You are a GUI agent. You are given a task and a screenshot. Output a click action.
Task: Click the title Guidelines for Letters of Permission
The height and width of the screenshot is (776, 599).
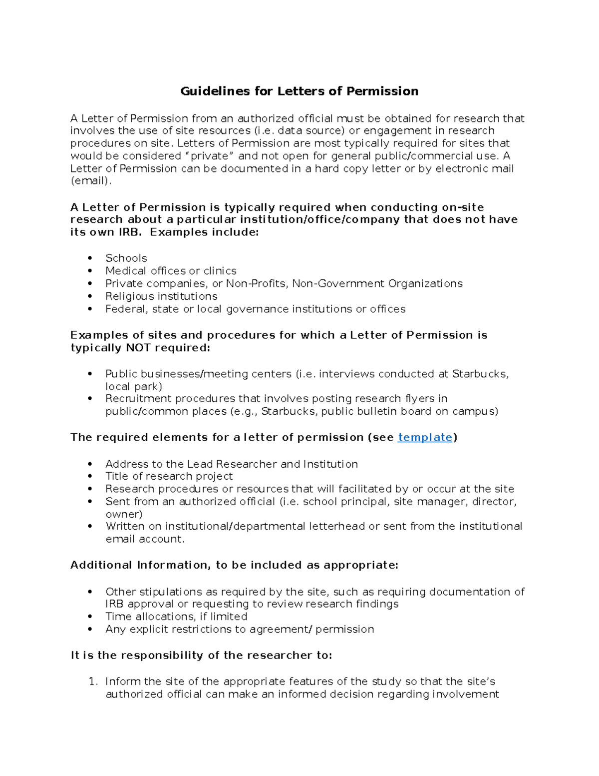click(x=299, y=91)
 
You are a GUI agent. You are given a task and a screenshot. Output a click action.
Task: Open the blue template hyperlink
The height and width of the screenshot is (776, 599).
click(x=425, y=437)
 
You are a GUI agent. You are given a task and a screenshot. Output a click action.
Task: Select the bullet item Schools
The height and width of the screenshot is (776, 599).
click(x=126, y=258)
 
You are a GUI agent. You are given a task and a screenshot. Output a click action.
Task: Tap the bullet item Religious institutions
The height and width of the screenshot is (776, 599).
click(x=161, y=296)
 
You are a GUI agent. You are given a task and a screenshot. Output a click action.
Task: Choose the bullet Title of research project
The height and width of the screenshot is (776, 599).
click(x=169, y=476)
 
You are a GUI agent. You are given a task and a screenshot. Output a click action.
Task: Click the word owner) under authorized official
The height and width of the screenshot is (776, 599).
click(x=124, y=514)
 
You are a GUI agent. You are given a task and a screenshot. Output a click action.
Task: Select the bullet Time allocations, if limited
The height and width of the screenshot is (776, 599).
click(x=176, y=617)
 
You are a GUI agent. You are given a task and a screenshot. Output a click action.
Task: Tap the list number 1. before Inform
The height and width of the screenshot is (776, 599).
click(x=93, y=682)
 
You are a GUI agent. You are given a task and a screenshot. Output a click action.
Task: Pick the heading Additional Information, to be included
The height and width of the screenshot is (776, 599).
click(x=234, y=565)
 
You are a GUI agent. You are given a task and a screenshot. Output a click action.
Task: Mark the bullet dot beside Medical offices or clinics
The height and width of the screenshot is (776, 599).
click(x=90, y=271)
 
